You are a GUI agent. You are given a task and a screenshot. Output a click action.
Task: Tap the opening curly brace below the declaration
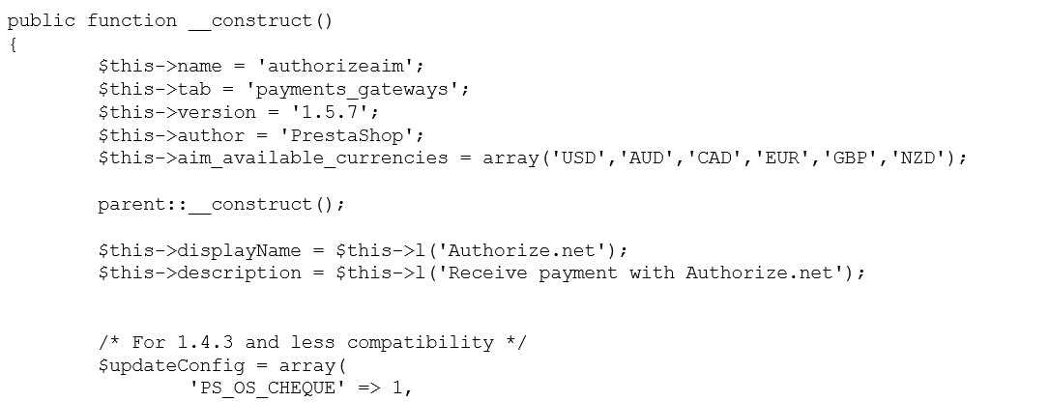coord(13,43)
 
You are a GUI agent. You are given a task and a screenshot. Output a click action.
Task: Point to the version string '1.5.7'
coord(334,112)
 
